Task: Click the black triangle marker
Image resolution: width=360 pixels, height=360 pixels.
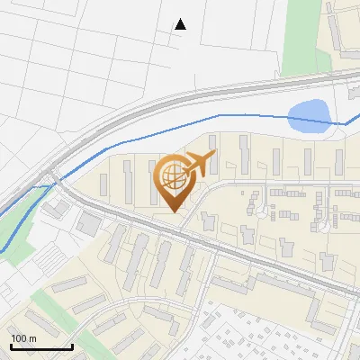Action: point(180,23)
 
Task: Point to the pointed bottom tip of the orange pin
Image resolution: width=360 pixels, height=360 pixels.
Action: point(173,211)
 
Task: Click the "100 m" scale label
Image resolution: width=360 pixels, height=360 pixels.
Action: point(23,338)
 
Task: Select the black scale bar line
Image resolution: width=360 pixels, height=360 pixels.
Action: point(41,346)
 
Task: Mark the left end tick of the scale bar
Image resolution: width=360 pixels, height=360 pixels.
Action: point(11,345)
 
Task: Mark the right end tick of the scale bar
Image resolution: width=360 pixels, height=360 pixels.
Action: point(72,345)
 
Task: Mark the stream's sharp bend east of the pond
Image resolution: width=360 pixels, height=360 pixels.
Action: point(345,124)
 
